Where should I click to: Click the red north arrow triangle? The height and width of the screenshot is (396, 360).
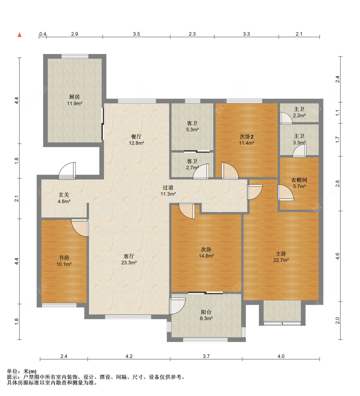pyautogui.click(x=20, y=35)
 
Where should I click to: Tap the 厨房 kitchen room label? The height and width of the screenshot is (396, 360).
pyautogui.click(x=74, y=97)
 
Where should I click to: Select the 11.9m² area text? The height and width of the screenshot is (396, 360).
pyautogui.click(x=75, y=103)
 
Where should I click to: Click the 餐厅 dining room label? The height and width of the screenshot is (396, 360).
pyautogui.click(x=136, y=136)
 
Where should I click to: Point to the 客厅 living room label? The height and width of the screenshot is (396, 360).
pyautogui.click(x=129, y=256)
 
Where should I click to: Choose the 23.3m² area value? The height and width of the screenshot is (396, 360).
pyautogui.click(x=129, y=263)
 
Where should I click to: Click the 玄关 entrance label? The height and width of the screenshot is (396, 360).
pyautogui.click(x=64, y=195)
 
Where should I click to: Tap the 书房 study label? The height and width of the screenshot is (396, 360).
pyautogui.click(x=64, y=257)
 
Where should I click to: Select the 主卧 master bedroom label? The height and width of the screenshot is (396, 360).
pyautogui.click(x=281, y=253)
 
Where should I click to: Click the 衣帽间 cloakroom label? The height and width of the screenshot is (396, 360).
pyautogui.click(x=299, y=180)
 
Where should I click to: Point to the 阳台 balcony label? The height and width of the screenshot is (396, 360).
pyautogui.click(x=206, y=312)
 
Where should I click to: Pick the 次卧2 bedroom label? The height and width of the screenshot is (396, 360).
pyautogui.click(x=247, y=136)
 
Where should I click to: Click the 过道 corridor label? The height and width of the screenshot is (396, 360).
pyautogui.click(x=168, y=187)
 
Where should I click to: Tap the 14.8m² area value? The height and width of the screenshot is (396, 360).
pyautogui.click(x=206, y=256)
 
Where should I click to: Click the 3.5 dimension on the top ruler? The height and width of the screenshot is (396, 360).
pyautogui.click(x=136, y=34)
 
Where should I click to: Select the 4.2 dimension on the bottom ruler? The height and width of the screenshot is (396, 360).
pyautogui.click(x=129, y=356)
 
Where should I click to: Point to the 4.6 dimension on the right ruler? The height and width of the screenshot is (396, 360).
pyautogui.click(x=337, y=256)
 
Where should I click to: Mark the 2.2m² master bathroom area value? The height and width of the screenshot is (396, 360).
pyautogui.click(x=299, y=115)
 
